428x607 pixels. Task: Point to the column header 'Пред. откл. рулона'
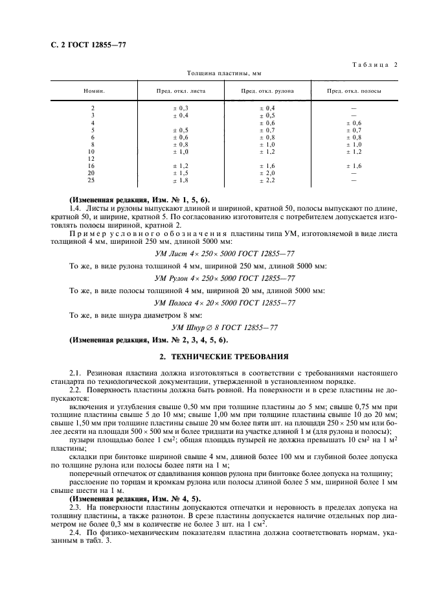[x=267, y=91]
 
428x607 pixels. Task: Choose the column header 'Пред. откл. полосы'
[x=354, y=91]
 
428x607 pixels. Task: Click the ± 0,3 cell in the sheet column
[x=181, y=108]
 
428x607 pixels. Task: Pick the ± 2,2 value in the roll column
[x=267, y=180]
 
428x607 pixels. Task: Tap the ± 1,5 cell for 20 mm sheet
[x=181, y=173]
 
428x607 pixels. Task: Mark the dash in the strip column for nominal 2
[x=354, y=108]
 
